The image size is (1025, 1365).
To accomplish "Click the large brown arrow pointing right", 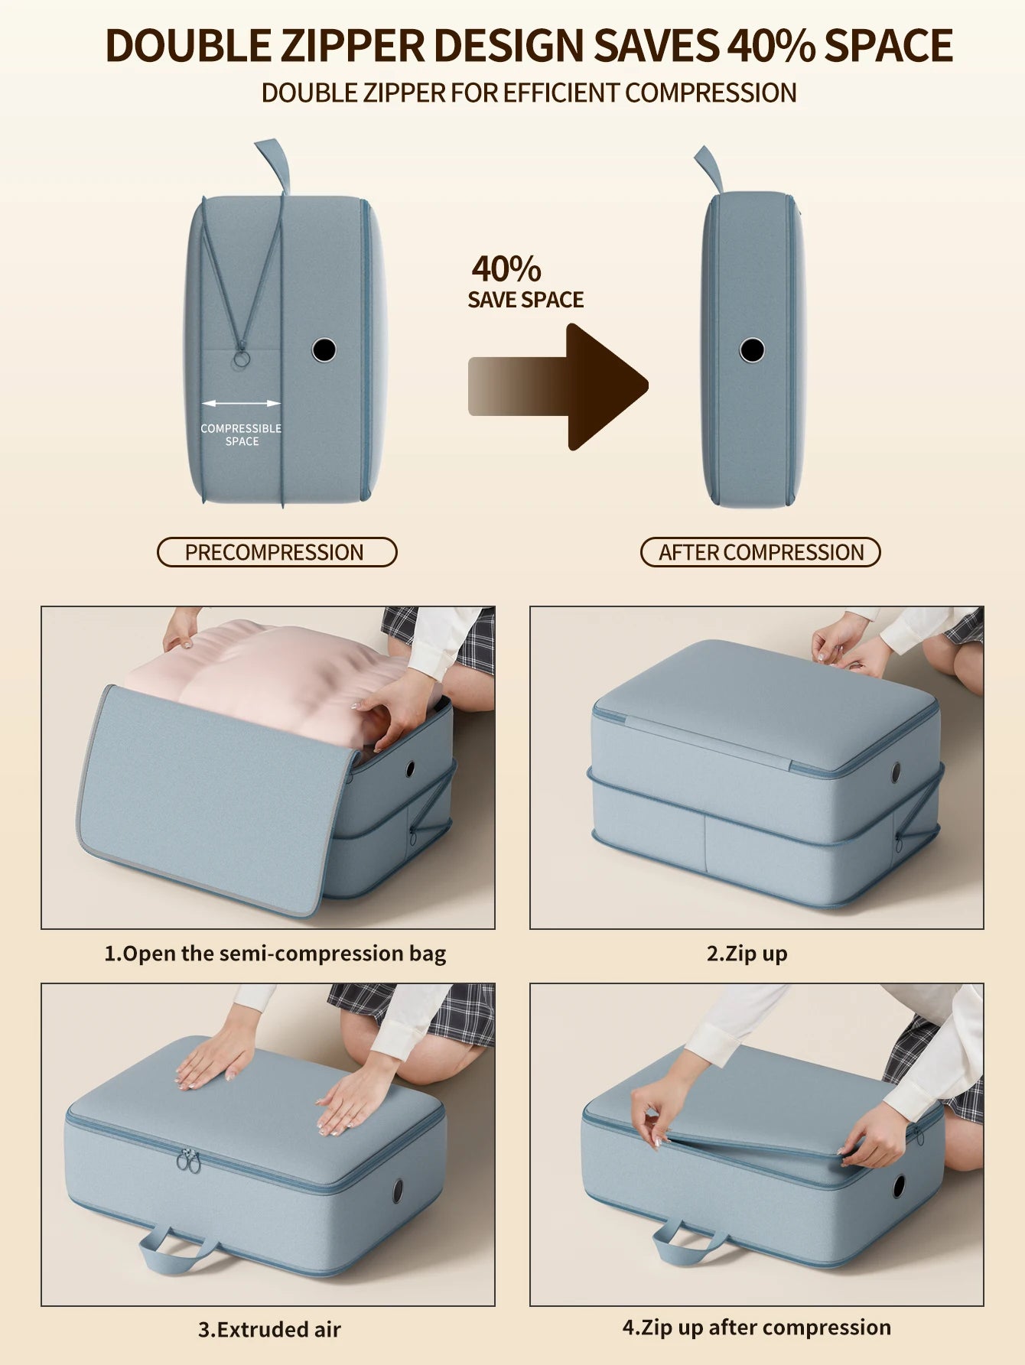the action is [x=558, y=386].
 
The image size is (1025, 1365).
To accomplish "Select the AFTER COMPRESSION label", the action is [x=760, y=552].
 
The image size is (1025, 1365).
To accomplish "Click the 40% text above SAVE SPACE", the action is [x=506, y=269].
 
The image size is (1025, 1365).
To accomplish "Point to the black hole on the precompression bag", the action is [x=324, y=349].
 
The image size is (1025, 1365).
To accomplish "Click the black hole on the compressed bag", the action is [x=752, y=350].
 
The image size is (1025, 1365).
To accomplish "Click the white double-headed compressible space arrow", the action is [x=241, y=403].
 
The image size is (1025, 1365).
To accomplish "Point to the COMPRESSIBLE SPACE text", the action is [x=241, y=434].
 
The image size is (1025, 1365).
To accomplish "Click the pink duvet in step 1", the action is [x=275, y=673].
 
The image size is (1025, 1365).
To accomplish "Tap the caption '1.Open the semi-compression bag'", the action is [x=275, y=954].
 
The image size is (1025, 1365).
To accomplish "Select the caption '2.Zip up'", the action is [x=747, y=954].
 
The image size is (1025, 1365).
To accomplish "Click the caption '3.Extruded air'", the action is [x=269, y=1329].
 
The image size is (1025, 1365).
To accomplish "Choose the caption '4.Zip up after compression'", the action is [x=757, y=1327].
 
